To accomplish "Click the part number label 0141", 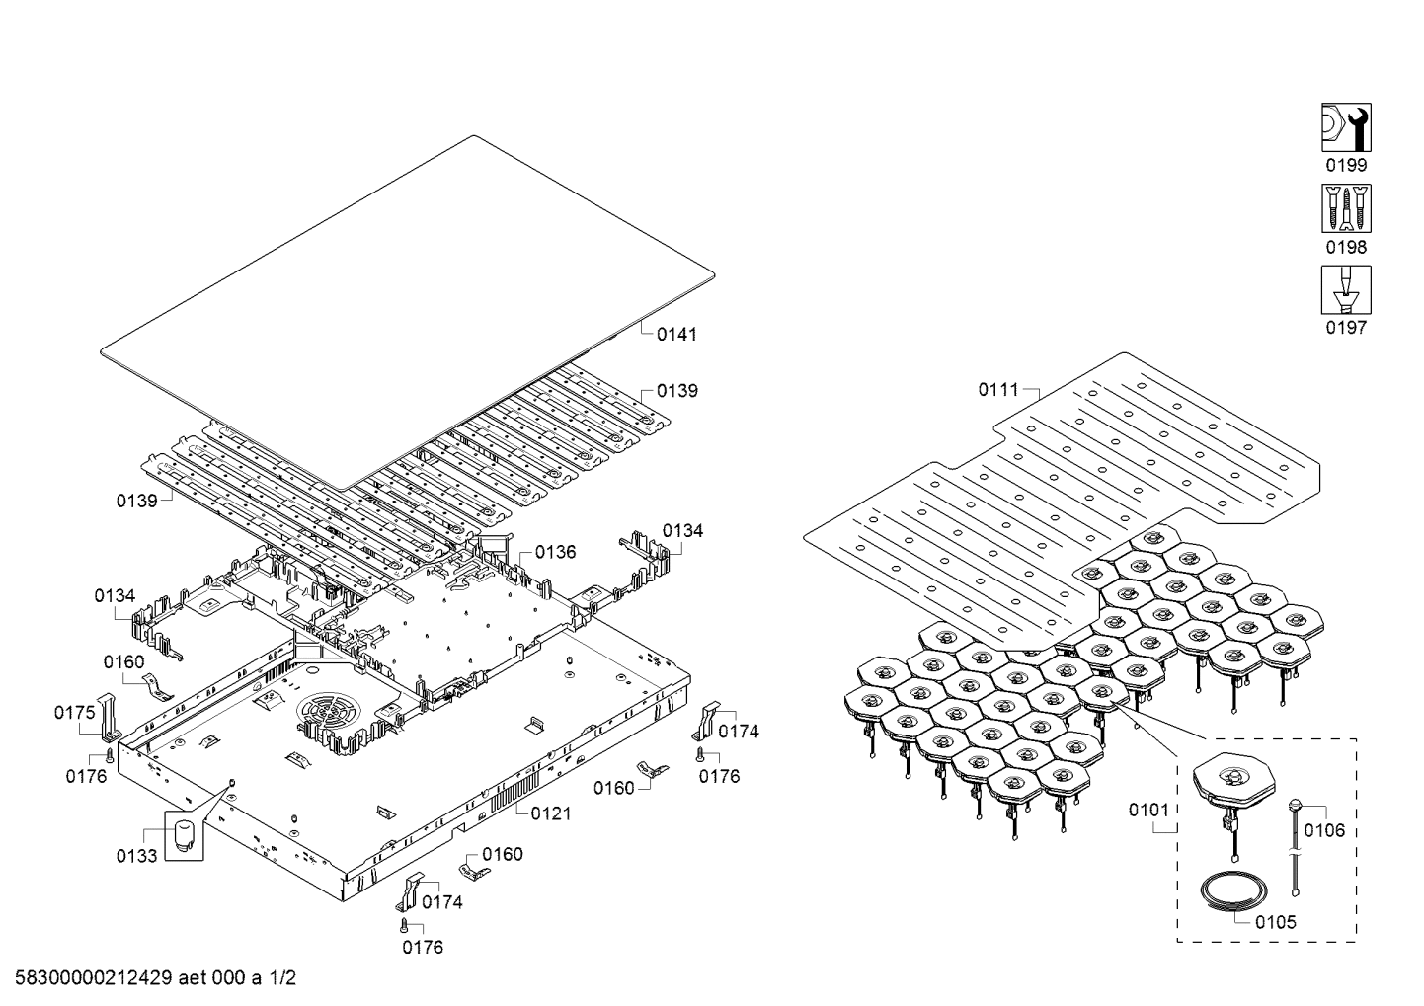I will [x=676, y=335].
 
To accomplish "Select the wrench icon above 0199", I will [x=1346, y=127].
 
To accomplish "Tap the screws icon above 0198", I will [x=1346, y=208].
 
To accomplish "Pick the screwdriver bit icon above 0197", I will [x=1346, y=289].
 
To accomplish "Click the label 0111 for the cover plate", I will [x=998, y=390].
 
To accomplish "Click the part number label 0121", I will [x=550, y=813].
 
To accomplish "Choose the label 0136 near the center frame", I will [x=555, y=552].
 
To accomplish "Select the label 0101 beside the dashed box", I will [x=1149, y=811].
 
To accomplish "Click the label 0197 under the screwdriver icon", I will [x=1346, y=327].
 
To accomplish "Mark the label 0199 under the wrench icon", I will [x=1346, y=166].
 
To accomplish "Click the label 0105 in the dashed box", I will [x=1276, y=923].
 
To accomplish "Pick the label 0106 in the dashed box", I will [x=1324, y=830].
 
